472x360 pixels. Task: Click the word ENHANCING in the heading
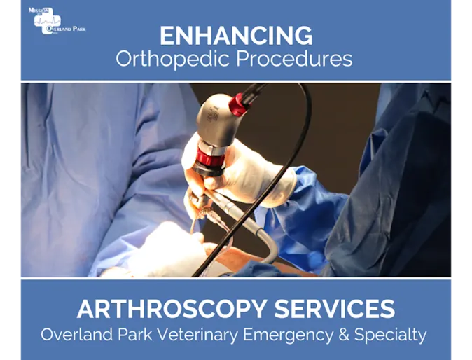pyautogui.click(x=235, y=35)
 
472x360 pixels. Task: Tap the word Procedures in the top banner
pyautogui.click(x=294, y=59)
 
